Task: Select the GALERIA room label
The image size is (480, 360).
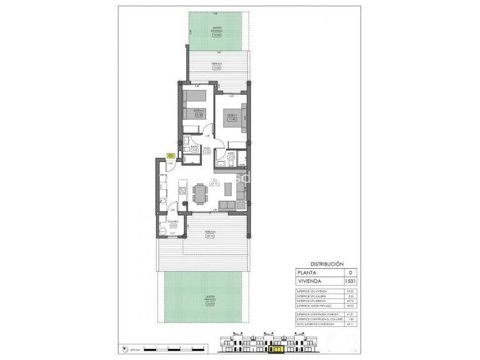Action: pyautogui.click(x=173, y=221)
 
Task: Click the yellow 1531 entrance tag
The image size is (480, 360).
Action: pyautogui.click(x=170, y=156)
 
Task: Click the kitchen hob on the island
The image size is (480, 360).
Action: pyautogui.click(x=182, y=190)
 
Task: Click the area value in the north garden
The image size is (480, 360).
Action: pyautogui.click(x=217, y=35)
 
